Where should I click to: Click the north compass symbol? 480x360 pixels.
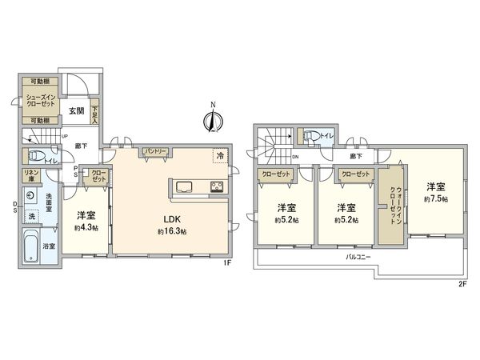click(x=213, y=120)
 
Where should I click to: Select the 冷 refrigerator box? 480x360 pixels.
click(x=219, y=156)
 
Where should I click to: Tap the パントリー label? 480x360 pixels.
click(x=154, y=151)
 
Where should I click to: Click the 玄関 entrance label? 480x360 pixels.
click(x=75, y=110)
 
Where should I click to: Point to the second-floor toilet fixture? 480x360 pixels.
click(x=311, y=136)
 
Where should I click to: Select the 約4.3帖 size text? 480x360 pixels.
click(x=87, y=227)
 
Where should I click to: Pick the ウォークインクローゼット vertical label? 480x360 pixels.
click(x=393, y=203)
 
